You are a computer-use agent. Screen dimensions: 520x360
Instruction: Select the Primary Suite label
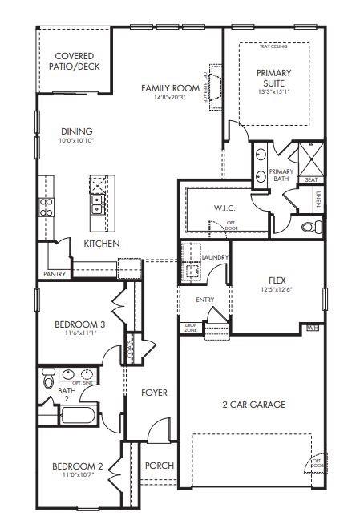pos(274,78)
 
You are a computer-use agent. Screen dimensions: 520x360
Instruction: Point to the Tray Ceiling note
pos(273,47)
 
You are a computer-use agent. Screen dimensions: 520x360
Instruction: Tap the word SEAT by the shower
pos(310,180)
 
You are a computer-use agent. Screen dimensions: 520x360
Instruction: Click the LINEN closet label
pos(318,200)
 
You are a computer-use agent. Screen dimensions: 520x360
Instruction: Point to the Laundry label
pos(216,257)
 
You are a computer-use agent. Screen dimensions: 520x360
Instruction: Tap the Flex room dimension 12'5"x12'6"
pos(277,290)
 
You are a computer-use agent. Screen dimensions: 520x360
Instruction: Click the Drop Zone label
pos(191,328)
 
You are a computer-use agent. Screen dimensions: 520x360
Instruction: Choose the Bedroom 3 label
pos(75,324)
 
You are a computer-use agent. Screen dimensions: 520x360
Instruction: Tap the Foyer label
pos(154,393)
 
